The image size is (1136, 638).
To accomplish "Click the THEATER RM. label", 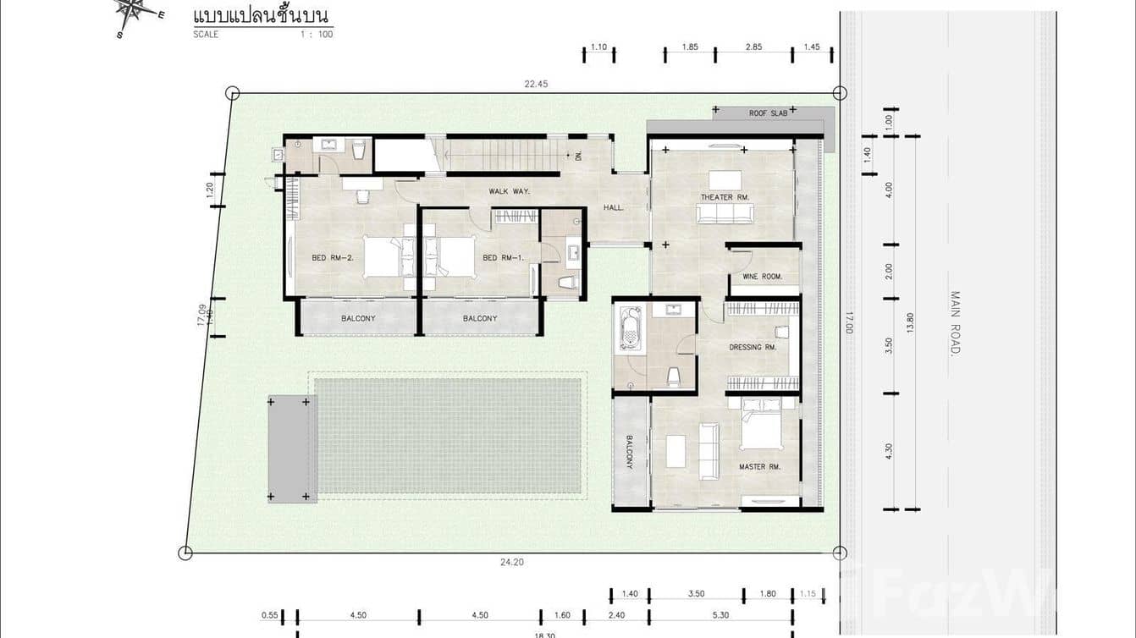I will [x=725, y=197].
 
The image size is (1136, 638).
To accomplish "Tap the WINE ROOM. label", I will [x=762, y=277].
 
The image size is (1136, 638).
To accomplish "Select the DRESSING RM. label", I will [x=753, y=347].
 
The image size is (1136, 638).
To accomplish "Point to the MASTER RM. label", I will [x=758, y=466].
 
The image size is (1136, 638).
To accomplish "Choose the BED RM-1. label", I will [x=503, y=258].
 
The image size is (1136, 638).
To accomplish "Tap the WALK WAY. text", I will [x=509, y=191].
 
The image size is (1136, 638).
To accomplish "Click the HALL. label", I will [x=614, y=207].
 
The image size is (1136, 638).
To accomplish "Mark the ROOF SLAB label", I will [x=768, y=113].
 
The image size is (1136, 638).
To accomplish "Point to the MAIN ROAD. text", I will [x=955, y=322].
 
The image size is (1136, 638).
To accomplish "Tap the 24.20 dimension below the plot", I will [x=512, y=562].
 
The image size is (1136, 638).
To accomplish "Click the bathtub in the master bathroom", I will [x=631, y=328].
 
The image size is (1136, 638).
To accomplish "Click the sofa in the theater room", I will [x=725, y=213].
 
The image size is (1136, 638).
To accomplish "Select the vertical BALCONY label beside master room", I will [x=630, y=453].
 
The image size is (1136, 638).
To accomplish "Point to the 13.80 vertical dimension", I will [x=911, y=322].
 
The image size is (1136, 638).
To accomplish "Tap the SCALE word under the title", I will [x=206, y=35].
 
